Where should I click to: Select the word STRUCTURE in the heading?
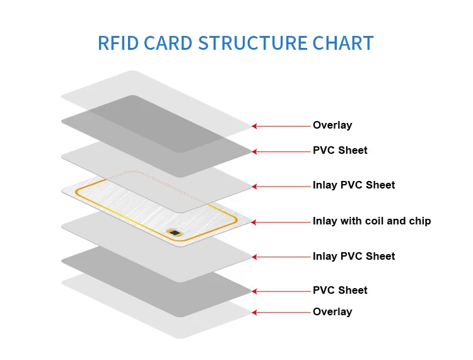coord(254,43)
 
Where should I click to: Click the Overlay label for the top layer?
coord(332,125)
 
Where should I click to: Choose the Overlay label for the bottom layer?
coord(332,312)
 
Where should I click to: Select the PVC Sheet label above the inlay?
coord(340,151)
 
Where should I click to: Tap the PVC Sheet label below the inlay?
coord(340,291)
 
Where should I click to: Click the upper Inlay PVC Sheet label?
coord(354,185)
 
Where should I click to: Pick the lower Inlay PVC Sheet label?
coord(354,257)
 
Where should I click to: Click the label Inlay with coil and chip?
coord(371,221)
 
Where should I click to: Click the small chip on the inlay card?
coord(175,234)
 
